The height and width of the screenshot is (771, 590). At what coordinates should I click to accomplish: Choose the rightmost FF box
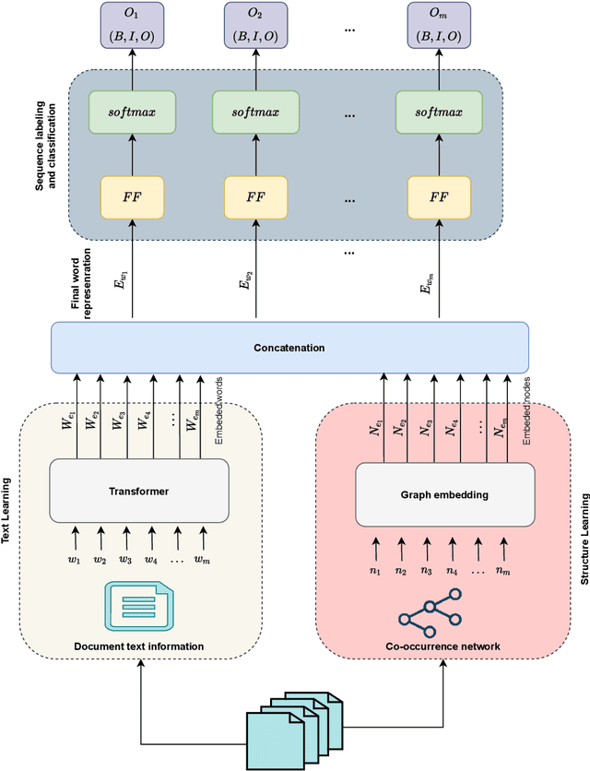(x=439, y=197)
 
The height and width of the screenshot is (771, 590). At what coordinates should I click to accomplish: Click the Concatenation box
(x=289, y=349)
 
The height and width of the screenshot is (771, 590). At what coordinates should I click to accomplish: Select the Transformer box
(x=138, y=492)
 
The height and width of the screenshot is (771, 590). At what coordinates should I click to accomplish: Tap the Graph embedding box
(x=445, y=493)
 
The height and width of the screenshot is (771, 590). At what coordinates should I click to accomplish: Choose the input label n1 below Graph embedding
(x=374, y=570)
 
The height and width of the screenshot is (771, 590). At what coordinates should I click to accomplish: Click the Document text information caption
(x=138, y=646)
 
